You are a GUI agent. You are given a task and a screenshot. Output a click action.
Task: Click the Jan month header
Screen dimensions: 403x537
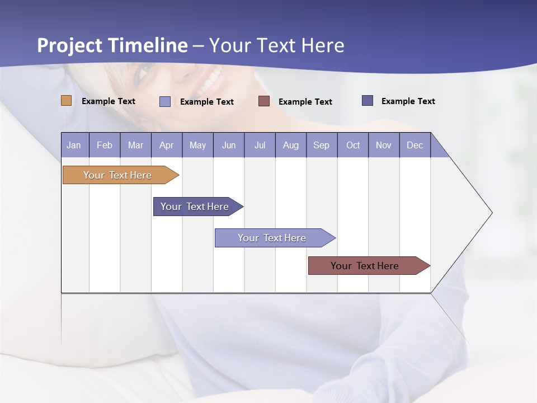tap(74, 145)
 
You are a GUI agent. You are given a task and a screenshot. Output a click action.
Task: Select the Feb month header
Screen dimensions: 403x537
tap(105, 145)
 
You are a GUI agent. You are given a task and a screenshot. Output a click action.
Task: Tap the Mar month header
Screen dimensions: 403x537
tap(135, 145)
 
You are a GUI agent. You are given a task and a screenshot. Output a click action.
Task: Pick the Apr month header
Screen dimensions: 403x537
tap(167, 145)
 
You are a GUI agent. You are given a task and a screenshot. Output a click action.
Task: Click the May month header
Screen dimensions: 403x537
tap(197, 145)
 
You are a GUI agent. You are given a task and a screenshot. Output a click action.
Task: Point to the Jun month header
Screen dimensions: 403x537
tap(229, 145)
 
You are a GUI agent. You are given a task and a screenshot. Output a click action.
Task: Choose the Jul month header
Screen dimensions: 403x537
tap(260, 145)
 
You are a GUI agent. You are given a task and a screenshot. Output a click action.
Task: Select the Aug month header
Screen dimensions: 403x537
tap(291, 145)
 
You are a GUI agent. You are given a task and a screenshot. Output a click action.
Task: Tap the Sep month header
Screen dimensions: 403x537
tap(322, 145)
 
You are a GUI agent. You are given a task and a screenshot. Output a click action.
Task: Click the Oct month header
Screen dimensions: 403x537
tap(353, 145)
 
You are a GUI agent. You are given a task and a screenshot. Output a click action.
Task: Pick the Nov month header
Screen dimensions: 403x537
tap(384, 145)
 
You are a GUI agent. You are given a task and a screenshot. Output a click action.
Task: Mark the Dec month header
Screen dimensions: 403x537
tap(415, 145)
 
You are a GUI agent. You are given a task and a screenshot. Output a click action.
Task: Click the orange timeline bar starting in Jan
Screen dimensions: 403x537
tap(117, 175)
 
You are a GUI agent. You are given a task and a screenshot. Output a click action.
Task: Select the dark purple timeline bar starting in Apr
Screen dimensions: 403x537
tap(195, 207)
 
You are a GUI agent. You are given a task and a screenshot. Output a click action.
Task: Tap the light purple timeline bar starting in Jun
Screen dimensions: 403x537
tap(272, 238)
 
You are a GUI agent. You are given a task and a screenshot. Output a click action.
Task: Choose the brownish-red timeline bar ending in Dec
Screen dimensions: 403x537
tap(365, 266)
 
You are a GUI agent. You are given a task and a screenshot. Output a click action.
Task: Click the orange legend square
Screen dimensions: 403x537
tap(67, 101)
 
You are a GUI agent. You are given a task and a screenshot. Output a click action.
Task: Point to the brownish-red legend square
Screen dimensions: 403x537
tap(264, 101)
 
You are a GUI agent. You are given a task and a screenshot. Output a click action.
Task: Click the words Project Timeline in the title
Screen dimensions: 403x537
tap(112, 45)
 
